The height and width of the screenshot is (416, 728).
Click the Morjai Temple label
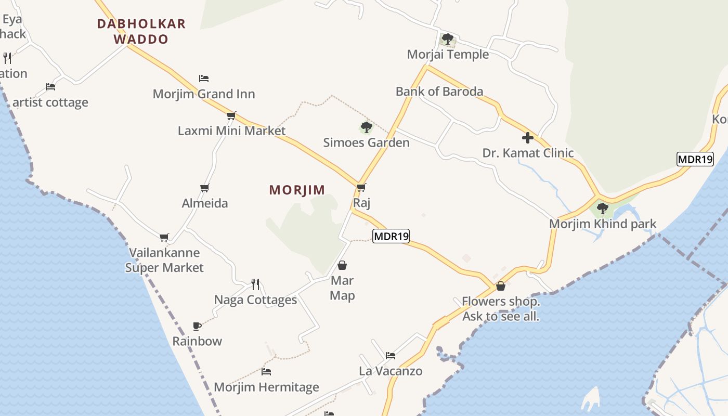[x=448, y=54]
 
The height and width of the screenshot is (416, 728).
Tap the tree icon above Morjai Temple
[x=447, y=39]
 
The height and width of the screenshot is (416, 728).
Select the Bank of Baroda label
[x=439, y=92]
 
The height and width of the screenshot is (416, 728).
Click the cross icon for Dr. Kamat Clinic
[x=528, y=138]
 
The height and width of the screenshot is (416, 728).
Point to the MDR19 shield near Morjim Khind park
[x=695, y=159]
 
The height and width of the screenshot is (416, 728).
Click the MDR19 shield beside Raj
[x=391, y=236]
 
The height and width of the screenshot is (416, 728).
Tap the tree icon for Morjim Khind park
[x=603, y=209]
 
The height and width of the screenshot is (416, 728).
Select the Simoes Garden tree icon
[x=366, y=127]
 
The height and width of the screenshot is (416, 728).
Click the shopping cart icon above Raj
[x=361, y=187]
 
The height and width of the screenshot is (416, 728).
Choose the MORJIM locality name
[x=297, y=190]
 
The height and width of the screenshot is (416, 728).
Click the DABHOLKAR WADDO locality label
[x=141, y=31]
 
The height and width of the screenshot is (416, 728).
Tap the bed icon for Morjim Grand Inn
[x=204, y=79]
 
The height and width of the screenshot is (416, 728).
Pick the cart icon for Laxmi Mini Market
[x=231, y=115]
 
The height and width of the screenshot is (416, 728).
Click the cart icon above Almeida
[x=205, y=188]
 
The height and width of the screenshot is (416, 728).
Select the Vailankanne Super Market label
[x=165, y=260]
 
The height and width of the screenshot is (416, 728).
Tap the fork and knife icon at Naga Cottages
[x=255, y=284]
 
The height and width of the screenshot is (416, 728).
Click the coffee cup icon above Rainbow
[x=197, y=326]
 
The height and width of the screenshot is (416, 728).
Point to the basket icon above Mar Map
[x=342, y=265]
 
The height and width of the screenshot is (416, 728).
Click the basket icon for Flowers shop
[x=501, y=286]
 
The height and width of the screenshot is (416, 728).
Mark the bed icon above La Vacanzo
[x=391, y=356]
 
